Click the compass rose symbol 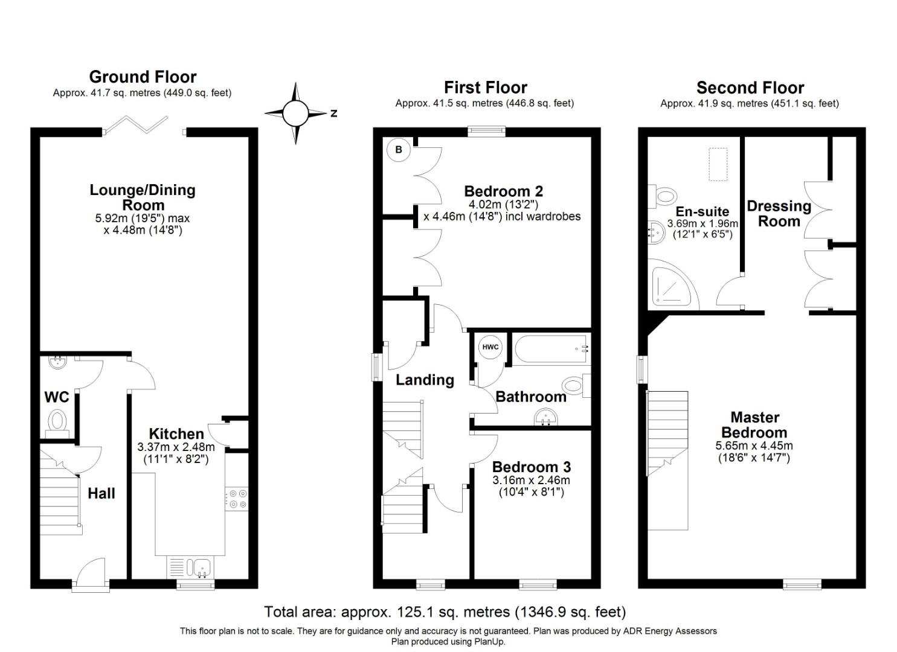click(295, 113)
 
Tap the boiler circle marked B click(399, 149)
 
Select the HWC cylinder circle click(490, 347)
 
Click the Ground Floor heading click(143, 77)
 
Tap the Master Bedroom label click(754, 424)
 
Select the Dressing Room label click(779, 213)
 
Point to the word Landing click(425, 380)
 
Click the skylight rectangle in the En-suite click(718, 164)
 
